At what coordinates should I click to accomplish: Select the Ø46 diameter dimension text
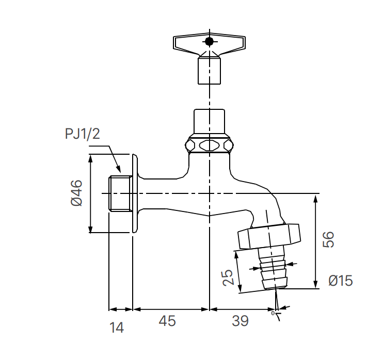pyautogui.click(x=76, y=193)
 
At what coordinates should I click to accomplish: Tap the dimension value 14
pyautogui.click(x=118, y=327)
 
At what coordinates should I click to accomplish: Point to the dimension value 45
pyautogui.click(x=167, y=321)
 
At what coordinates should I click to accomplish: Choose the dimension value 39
pyautogui.click(x=240, y=321)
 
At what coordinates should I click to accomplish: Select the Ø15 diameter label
pyautogui.click(x=341, y=281)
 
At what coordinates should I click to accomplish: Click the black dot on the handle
pyautogui.click(x=209, y=41)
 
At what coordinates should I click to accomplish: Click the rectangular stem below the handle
pyautogui.click(x=209, y=70)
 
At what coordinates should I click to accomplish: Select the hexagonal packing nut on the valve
pyautogui.click(x=209, y=144)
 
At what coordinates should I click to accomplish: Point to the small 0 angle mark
pyautogui.click(x=273, y=313)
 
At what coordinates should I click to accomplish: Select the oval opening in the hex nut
pyautogui.click(x=209, y=145)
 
